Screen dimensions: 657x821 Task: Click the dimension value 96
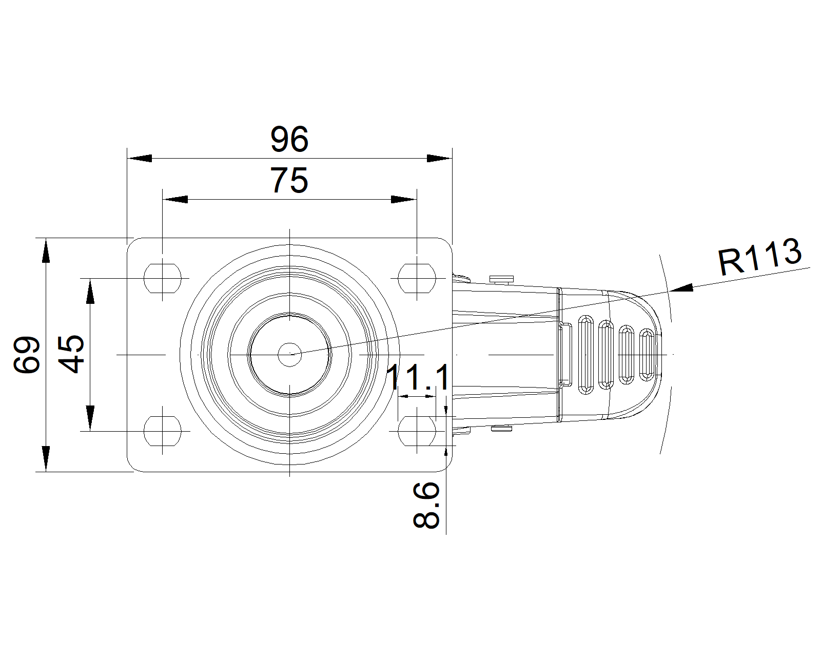[x=290, y=139]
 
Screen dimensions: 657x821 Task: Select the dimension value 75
[x=290, y=180]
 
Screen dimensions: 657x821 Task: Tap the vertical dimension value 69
[x=27, y=354]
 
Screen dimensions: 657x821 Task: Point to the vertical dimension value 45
[x=71, y=354]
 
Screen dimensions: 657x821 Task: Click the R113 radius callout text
[x=759, y=257]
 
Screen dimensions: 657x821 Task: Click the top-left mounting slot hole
[x=163, y=278]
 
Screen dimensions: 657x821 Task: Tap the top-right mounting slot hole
[x=417, y=278]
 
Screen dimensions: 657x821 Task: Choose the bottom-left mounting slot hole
[x=163, y=431]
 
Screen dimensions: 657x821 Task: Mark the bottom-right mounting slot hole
[x=417, y=431]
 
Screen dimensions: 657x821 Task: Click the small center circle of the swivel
[x=290, y=354]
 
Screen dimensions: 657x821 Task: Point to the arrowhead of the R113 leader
[x=680, y=289]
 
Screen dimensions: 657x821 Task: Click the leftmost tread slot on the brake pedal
[x=585, y=355]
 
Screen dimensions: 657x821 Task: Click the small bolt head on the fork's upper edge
[x=501, y=279]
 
